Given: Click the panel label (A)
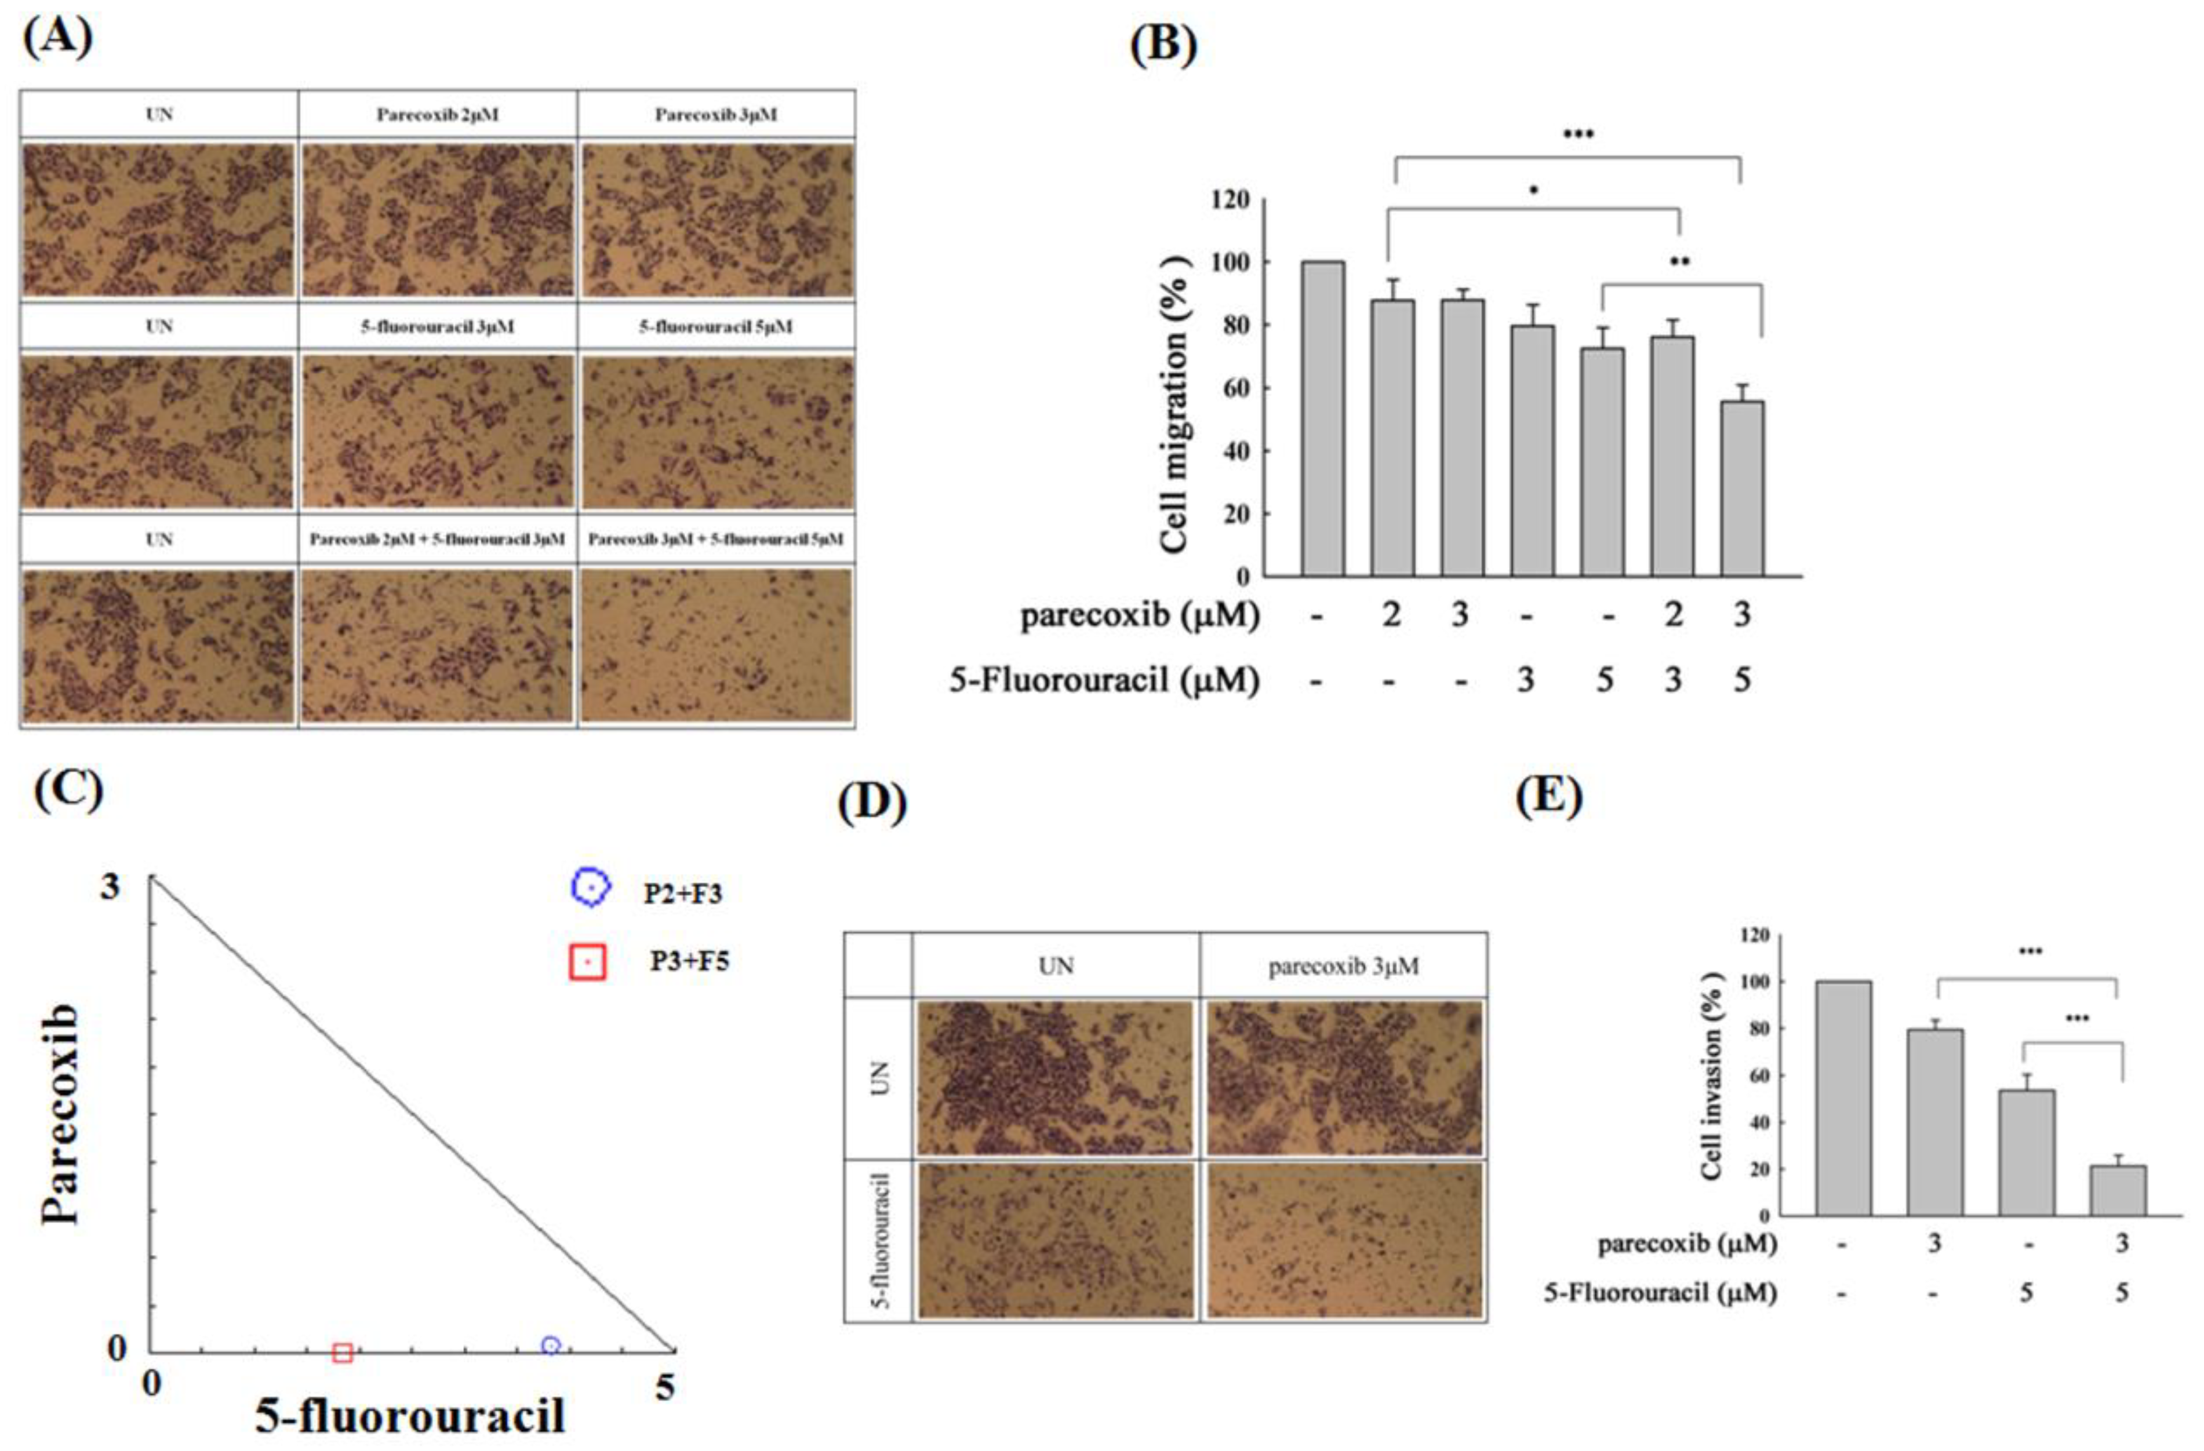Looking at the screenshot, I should pos(57,39).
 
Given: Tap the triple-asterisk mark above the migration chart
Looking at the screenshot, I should pos(1578,135).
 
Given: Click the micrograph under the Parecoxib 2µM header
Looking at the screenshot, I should pos(437,220).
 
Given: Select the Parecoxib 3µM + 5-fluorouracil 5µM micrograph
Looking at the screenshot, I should pos(716,644).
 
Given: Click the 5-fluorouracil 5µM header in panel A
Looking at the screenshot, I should pos(716,327).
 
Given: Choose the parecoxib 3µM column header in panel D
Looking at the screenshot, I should pos(1343,967).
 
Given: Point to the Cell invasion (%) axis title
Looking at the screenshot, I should pos(1711,1081).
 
